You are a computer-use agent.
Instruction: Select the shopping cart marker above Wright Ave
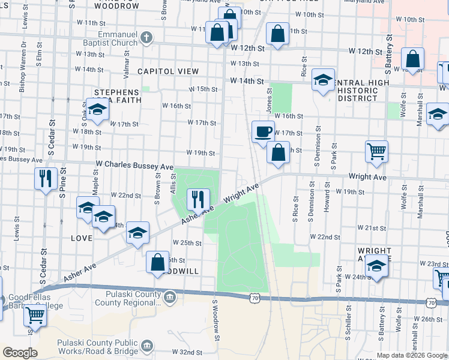pos(376,153)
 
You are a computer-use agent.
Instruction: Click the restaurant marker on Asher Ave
pos(197,200)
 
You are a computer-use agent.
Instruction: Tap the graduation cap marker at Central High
pos(323,81)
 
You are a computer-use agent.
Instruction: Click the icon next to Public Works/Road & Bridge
pos(146,346)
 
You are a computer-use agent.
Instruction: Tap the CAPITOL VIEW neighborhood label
pos(168,71)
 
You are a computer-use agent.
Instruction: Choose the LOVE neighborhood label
pos(82,238)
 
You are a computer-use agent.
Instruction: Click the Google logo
pos(20,353)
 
